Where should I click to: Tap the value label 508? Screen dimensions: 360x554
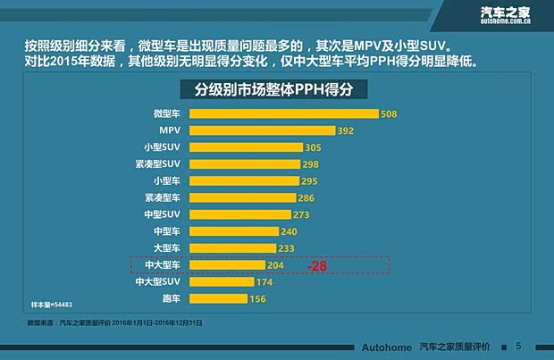coord(388,114)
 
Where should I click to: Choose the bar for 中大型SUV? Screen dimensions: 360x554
coord(219,282)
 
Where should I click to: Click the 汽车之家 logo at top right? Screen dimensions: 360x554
coord(507,14)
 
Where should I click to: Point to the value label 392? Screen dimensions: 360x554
coord(347,130)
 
